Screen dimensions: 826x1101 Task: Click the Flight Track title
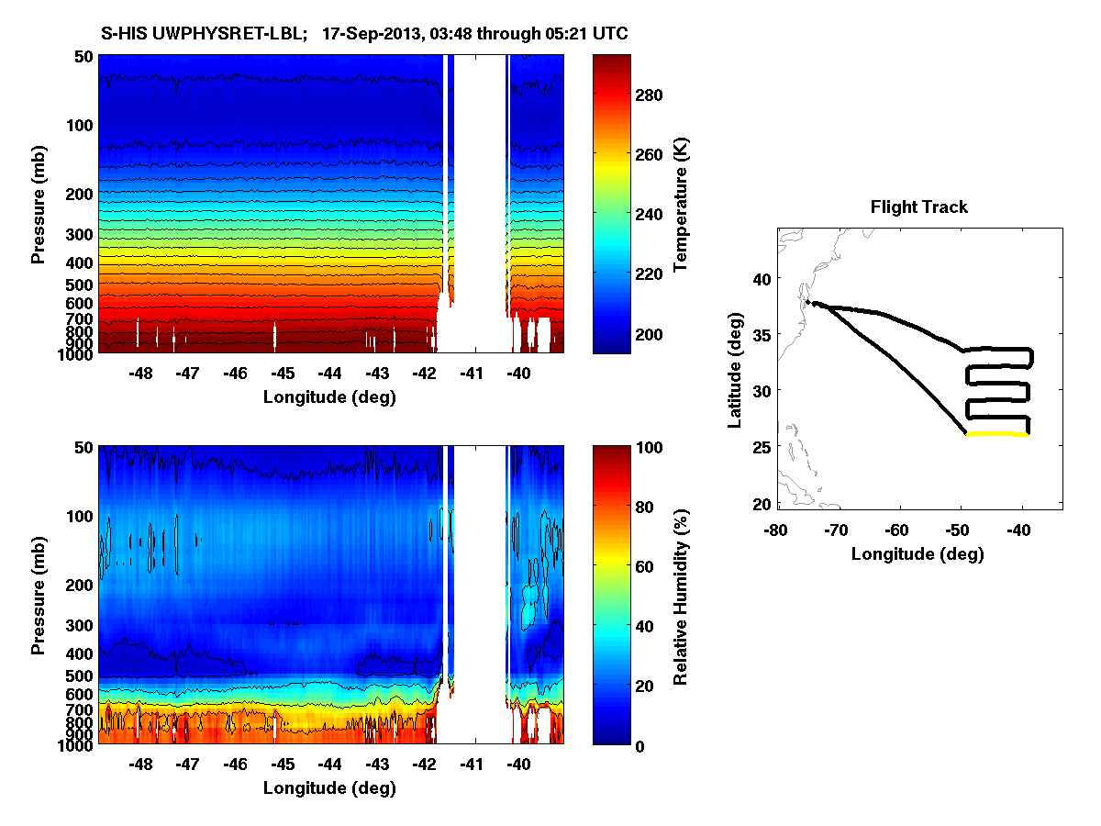click(918, 207)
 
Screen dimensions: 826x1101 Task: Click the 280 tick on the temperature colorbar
click(648, 95)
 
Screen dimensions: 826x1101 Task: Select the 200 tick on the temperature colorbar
click(648, 333)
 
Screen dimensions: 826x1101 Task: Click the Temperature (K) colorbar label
click(681, 204)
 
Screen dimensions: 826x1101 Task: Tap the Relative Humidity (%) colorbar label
click(681, 595)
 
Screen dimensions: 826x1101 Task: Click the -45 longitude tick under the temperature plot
click(283, 374)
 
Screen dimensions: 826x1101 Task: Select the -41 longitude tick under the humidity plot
click(472, 765)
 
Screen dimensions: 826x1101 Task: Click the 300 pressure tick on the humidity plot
click(80, 626)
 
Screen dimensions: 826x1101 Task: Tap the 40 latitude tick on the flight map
click(761, 278)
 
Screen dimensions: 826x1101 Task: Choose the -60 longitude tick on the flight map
click(897, 530)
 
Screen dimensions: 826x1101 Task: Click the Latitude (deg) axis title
click(735, 367)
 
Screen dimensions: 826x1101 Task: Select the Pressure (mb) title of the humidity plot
click(38, 595)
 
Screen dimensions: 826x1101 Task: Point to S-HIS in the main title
click(121, 33)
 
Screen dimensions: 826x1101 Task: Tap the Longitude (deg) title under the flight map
click(917, 553)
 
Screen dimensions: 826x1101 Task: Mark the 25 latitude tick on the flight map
click(761, 446)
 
